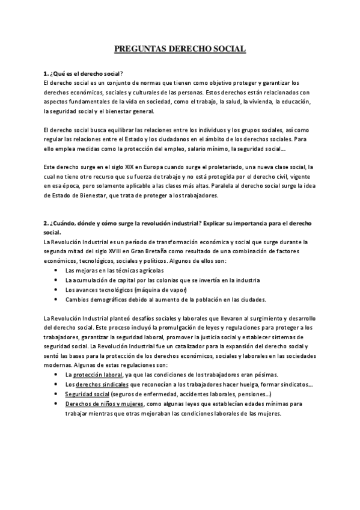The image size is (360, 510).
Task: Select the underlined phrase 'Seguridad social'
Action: pyautogui.click(x=87, y=393)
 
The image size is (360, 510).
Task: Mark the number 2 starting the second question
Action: pyautogui.click(x=45, y=223)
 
